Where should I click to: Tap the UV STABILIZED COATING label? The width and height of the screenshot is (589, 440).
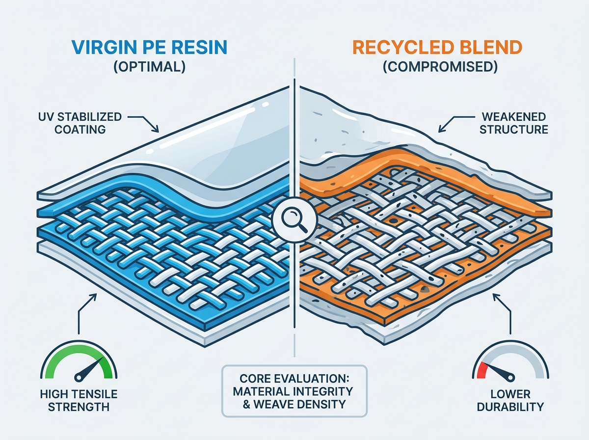coord(80,123)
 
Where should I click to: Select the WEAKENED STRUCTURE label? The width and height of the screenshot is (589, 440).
coord(514,123)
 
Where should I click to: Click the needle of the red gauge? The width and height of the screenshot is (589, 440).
coord(499,373)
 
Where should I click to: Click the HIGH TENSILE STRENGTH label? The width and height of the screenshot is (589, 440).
coord(79,401)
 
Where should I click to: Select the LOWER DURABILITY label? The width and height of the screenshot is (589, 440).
coord(510,401)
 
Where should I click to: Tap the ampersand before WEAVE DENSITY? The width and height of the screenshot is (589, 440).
coord(246,404)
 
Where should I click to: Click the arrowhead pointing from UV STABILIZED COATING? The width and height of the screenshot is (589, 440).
coord(156,129)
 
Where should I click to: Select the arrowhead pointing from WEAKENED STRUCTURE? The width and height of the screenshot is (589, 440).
coord(442,129)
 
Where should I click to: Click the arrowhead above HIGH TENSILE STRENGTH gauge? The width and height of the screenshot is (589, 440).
coord(93,297)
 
